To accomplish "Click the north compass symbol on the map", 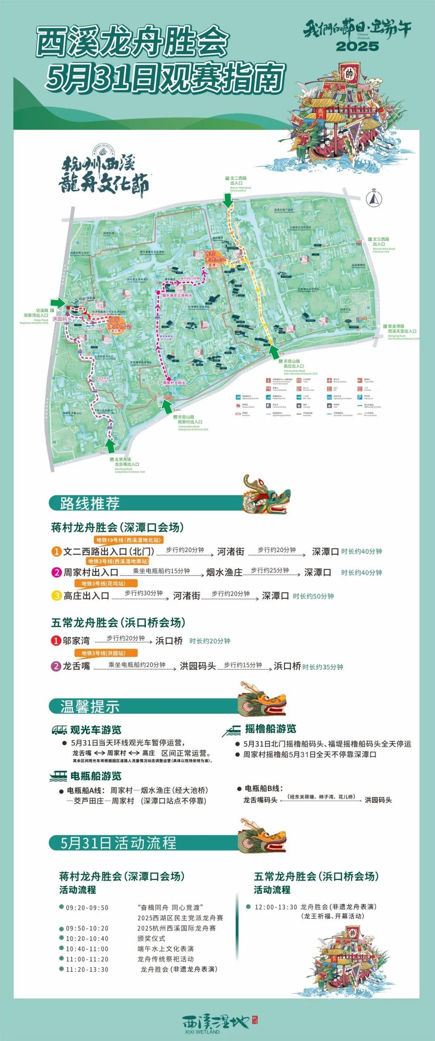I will tap(374, 197).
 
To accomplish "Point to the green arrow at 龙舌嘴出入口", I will tap(110, 446).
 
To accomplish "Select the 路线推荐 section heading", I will tap(90, 503).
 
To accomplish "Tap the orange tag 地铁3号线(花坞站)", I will tap(106, 584).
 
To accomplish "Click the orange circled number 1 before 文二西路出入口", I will tap(56, 552).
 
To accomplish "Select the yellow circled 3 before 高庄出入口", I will tap(57, 596).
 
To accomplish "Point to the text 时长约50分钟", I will tap(313, 596).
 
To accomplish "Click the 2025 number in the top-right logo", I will tap(357, 46).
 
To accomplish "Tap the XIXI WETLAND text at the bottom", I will tap(201, 1031).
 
